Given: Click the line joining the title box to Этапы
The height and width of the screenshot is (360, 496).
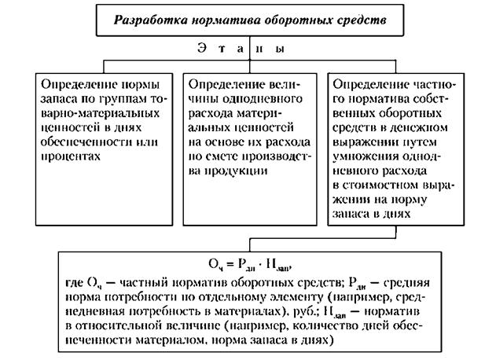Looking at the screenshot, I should click(x=248, y=39).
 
